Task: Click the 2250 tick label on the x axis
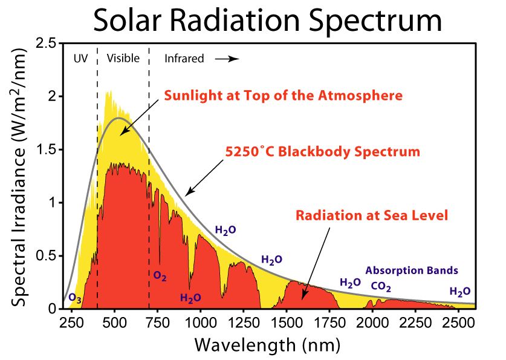415,321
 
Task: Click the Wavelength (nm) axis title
267,345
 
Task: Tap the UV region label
79,59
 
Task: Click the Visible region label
123,59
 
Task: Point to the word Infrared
184,59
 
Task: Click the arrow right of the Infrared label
229,59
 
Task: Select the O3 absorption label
75,298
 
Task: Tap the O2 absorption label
160,276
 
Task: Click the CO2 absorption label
381,286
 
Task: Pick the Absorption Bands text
411,270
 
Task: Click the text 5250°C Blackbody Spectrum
322,151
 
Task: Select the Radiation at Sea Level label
372,215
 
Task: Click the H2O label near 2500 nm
459,292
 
